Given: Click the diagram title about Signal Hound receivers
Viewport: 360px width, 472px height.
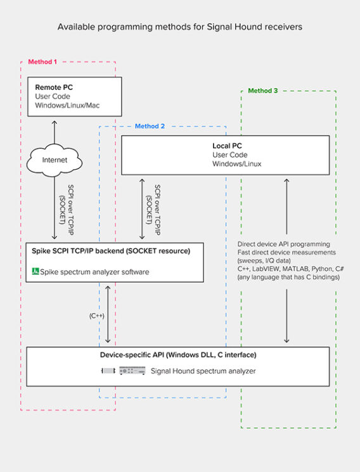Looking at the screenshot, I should point(181,27).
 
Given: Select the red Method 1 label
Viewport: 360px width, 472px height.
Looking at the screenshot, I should point(42,62).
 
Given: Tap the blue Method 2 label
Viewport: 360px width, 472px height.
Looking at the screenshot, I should point(150,126).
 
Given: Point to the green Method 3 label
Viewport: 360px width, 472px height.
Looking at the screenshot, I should point(262,91).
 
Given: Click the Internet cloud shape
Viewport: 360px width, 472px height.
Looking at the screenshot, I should point(55,160).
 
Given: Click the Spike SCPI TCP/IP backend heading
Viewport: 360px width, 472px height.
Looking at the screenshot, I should point(110,252).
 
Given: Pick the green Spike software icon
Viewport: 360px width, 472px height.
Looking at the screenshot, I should point(35,272).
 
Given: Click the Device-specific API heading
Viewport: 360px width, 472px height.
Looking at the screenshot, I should point(177,354).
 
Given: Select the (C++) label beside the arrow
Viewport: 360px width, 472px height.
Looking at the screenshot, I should point(97,315).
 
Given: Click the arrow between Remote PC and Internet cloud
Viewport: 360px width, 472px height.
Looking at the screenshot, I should point(55,132).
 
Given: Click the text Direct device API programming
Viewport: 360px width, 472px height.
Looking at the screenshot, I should point(283,243).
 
